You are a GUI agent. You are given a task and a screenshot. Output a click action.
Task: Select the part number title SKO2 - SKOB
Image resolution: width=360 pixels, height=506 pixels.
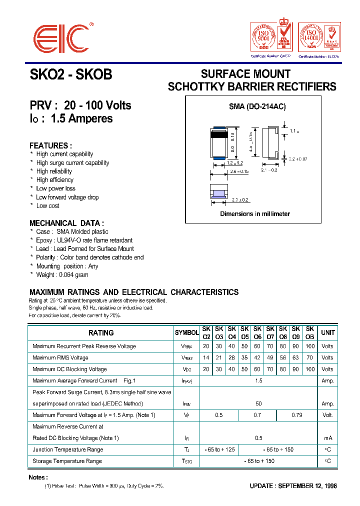(x=71, y=74)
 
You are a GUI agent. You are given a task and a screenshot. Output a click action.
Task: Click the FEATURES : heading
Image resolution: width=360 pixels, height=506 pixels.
(x=50, y=145)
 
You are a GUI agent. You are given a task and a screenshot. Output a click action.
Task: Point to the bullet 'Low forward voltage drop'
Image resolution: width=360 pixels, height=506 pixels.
(x=67, y=197)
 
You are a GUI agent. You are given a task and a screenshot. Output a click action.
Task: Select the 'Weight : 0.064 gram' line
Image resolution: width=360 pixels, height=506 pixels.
(x=62, y=274)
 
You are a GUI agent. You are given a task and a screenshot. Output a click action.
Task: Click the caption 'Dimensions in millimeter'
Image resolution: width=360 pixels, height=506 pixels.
(x=255, y=213)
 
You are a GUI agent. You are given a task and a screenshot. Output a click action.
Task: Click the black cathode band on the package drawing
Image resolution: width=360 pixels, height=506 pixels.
(x=218, y=133)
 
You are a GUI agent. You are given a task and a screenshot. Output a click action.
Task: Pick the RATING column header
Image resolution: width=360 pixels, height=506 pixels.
(x=101, y=332)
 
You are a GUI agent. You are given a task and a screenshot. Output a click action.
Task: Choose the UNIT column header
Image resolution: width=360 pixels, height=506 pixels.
(x=328, y=332)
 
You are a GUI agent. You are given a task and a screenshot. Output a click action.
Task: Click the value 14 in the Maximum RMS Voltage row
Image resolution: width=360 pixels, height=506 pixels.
(x=206, y=357)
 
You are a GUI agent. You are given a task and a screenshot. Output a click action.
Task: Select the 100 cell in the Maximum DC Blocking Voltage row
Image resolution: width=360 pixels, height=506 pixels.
(x=310, y=369)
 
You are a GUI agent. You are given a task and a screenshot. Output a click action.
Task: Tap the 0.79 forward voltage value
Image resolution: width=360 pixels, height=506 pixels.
(x=297, y=415)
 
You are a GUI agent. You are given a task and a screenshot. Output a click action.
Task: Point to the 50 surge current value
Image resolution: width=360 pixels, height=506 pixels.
(x=258, y=403)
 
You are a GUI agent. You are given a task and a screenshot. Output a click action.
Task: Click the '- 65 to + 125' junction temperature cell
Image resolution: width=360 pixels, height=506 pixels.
(x=219, y=449)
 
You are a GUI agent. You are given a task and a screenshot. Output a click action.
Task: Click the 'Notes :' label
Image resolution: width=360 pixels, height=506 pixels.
(x=38, y=477)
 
